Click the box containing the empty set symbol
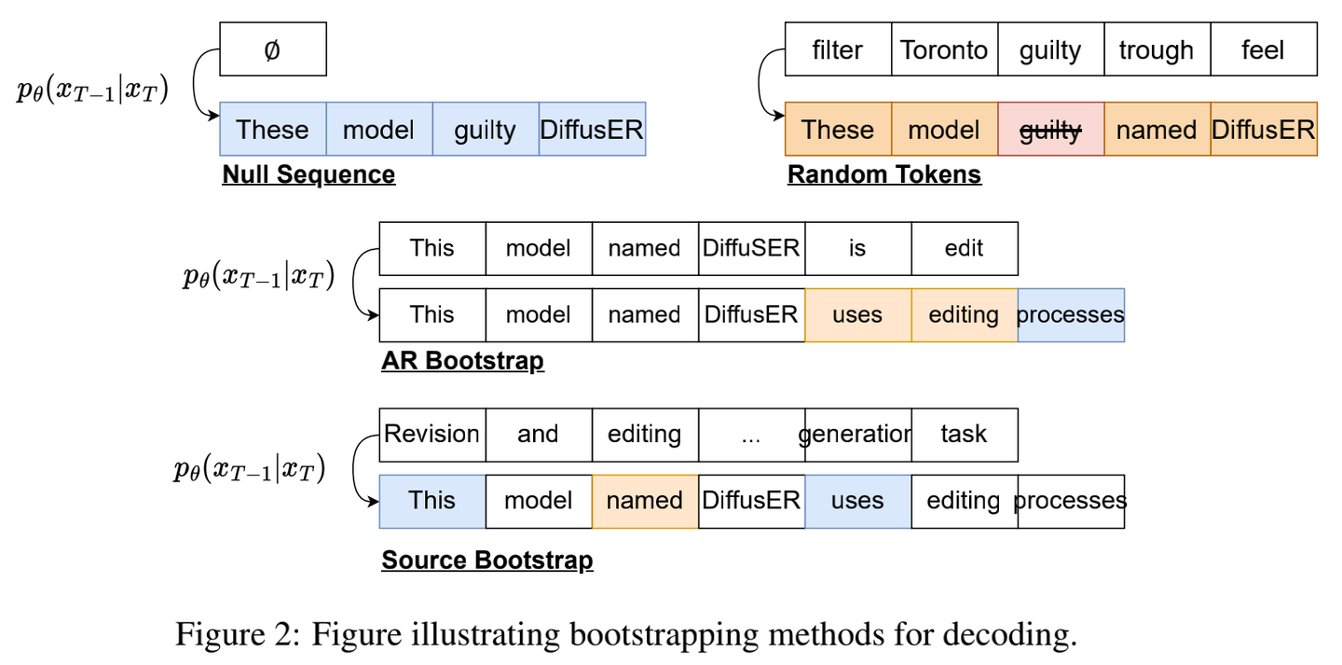[272, 49]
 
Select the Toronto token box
[944, 49]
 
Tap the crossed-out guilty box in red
[1050, 129]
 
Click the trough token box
[1156, 49]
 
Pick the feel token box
[1263, 49]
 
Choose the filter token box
[837, 49]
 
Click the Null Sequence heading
[308, 174]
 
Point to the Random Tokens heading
[883, 174]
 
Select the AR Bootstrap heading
[462, 361]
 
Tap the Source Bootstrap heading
[486, 561]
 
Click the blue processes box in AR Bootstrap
[1070, 315]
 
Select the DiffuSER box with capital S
[751, 248]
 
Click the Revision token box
[431, 435]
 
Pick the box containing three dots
[751, 435]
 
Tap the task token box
[964, 435]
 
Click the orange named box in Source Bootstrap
[644, 501]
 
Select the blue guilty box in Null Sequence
[485, 129]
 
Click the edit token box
[964, 248]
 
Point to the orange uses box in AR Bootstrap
[857, 315]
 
